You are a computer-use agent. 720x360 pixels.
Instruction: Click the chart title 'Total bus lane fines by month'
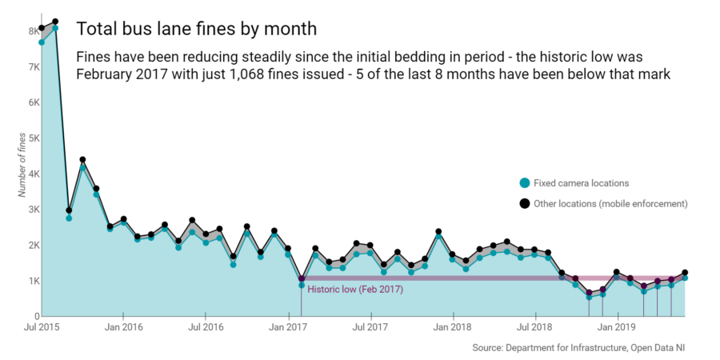(196, 29)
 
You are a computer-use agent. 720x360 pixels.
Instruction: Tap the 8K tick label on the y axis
(34, 31)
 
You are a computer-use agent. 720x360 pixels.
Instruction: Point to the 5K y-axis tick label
(34, 138)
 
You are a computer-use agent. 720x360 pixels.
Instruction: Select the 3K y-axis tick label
(34, 210)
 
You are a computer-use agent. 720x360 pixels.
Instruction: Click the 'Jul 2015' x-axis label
(41, 327)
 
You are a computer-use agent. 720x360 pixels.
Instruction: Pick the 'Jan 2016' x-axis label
(123, 327)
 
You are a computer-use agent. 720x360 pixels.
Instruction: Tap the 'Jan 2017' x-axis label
(287, 327)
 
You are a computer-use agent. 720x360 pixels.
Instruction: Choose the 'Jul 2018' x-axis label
(534, 327)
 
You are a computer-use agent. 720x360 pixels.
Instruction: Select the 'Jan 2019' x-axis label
(617, 327)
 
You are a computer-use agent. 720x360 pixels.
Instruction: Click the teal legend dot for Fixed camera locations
(524, 183)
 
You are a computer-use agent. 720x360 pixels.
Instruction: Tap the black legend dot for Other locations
(524, 204)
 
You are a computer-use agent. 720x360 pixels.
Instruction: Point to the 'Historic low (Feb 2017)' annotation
(354, 289)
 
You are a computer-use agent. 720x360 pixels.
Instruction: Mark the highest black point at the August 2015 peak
(55, 22)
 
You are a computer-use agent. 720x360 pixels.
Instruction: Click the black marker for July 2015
(42, 28)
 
